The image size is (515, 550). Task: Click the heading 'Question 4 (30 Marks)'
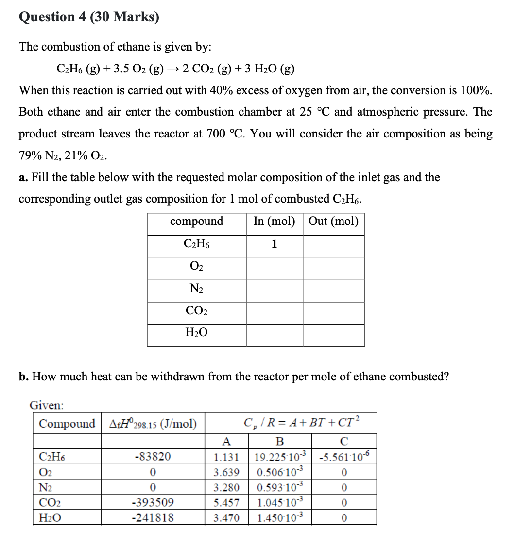pyautogui.click(x=89, y=17)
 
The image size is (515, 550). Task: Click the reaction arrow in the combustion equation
pyautogui.click(x=172, y=69)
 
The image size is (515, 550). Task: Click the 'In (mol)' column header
pyautogui.click(x=274, y=222)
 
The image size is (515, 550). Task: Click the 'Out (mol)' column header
pyautogui.click(x=333, y=222)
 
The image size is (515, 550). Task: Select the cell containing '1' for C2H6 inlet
pyautogui.click(x=274, y=244)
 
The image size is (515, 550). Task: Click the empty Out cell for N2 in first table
pyautogui.click(x=333, y=291)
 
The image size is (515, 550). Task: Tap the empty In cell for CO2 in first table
pyautogui.click(x=274, y=313)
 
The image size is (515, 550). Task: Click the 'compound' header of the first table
pyautogui.click(x=196, y=222)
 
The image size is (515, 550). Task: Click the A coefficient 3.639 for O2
pyautogui.click(x=226, y=472)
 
